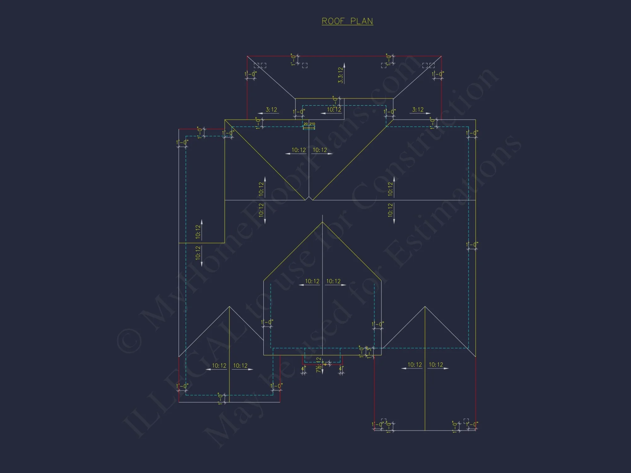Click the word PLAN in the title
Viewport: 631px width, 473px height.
pyautogui.click(x=362, y=21)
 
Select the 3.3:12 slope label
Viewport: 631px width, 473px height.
pyautogui.click(x=340, y=75)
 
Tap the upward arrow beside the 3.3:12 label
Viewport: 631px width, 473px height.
pyautogui.click(x=344, y=65)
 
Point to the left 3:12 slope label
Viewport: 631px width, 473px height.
pyautogui.click(x=271, y=109)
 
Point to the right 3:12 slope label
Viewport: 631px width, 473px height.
pyautogui.click(x=418, y=109)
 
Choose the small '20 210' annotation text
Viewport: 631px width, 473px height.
pyautogui.click(x=309, y=124)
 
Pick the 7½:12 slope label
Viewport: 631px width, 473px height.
pyautogui.click(x=319, y=365)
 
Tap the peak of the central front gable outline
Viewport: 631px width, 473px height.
pyautogui.click(x=322, y=222)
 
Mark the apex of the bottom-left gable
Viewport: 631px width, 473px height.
pyautogui.click(x=229, y=307)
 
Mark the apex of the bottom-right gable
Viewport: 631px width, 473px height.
pyautogui.click(x=425, y=307)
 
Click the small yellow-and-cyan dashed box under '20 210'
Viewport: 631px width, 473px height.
pyautogui.click(x=309, y=127)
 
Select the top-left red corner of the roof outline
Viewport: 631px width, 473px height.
pyautogui.click(x=247, y=56)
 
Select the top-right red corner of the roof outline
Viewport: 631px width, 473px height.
pyautogui.click(x=441, y=56)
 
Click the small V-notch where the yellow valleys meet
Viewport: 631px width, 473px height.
pyautogui.click(x=309, y=199)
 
